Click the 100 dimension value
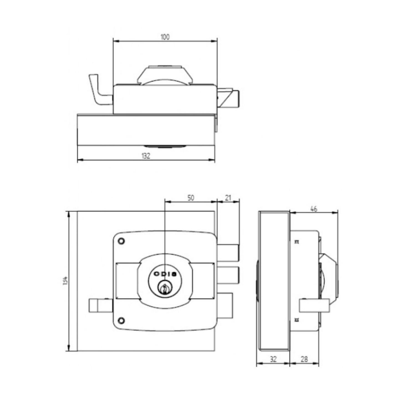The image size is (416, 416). point(165,37)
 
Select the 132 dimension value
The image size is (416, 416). point(146,156)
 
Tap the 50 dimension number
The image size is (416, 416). point(191,198)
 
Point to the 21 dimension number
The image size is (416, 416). point(228,198)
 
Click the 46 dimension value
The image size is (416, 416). point(314,209)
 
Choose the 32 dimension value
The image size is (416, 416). point(273,359)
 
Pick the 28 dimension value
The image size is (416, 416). point(304,359)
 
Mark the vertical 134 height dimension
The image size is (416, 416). point(65,281)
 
